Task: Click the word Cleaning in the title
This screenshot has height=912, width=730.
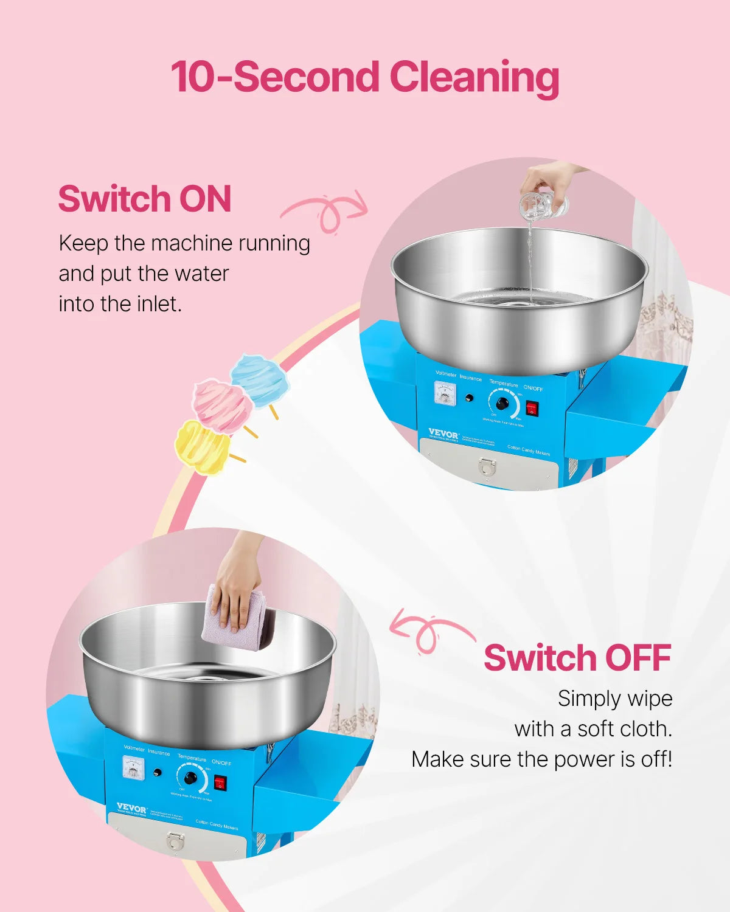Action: (474, 78)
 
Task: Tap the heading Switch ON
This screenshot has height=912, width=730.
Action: (145, 199)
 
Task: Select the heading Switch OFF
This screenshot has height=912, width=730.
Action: (577, 658)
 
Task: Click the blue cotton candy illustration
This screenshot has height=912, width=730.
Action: (260, 381)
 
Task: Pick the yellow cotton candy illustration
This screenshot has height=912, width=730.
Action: (202, 447)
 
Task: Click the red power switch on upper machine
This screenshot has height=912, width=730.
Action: (532, 408)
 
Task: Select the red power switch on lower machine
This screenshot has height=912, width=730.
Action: (220, 783)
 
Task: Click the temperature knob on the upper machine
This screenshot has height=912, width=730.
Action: (502, 403)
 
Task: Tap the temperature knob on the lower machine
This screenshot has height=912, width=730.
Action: (190, 778)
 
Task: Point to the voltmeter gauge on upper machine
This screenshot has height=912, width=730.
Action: (446, 393)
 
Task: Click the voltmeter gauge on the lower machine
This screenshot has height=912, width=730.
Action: (134, 767)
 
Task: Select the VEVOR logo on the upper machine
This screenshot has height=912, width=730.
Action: (443, 434)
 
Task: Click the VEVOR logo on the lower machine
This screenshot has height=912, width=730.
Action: (131, 808)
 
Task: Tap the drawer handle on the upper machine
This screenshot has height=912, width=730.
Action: (487, 466)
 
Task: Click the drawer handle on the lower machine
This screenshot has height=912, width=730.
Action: (175, 841)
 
